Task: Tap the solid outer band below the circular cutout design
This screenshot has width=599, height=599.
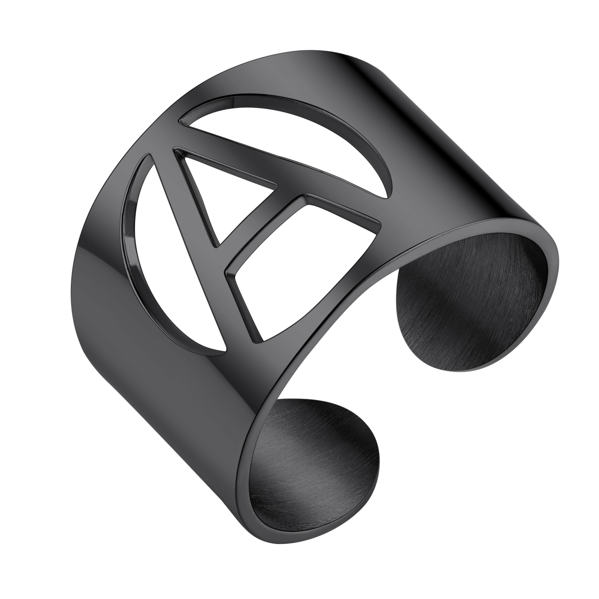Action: click(x=166, y=394)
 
